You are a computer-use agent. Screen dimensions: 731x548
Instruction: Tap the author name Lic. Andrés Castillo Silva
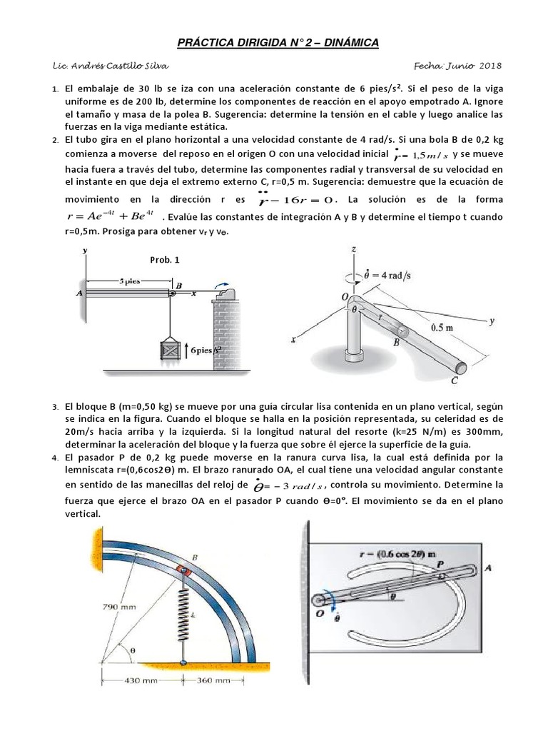(x=111, y=66)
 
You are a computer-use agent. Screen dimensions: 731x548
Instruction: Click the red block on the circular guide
(x=184, y=571)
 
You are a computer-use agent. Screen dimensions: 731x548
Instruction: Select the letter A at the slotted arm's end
(x=487, y=568)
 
